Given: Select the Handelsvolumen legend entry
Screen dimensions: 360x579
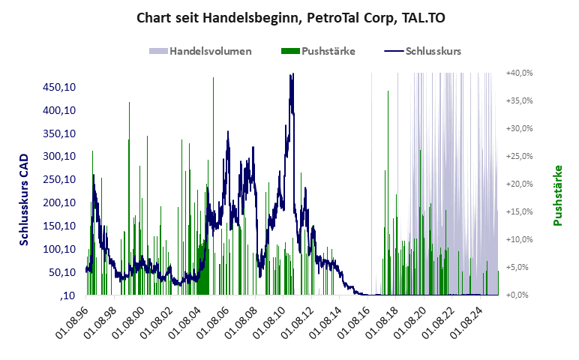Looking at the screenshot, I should point(210,52).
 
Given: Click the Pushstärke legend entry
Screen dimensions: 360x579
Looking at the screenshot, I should point(328,52).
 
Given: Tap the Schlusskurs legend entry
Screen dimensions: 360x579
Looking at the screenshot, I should point(433,52).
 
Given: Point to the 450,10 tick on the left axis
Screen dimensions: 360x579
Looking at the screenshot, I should point(61,87).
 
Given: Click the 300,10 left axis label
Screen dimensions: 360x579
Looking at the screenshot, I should point(61,156).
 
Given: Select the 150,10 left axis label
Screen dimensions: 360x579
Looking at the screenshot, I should point(61,226).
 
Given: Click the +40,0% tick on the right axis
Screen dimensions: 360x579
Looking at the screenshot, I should point(519,73).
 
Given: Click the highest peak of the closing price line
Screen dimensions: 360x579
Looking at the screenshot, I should point(292,74).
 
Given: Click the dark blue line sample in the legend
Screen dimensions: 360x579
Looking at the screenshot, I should point(394,52).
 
